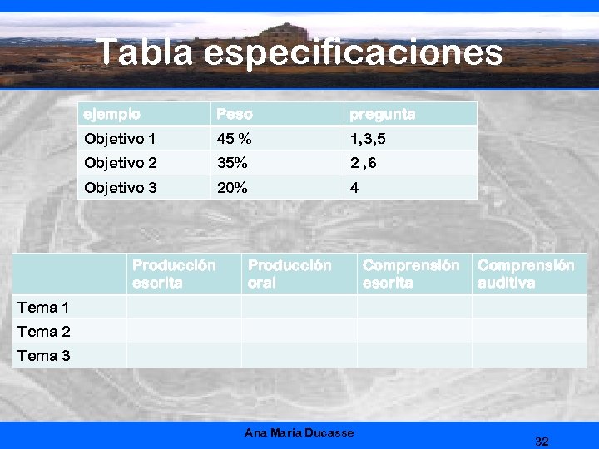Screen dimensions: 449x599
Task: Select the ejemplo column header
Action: pyautogui.click(x=111, y=114)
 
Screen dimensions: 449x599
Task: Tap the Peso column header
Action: pyautogui.click(x=234, y=114)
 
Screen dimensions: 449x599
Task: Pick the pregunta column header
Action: pyautogui.click(x=382, y=114)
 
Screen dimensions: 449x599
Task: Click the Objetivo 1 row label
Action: pyautogui.click(x=120, y=139)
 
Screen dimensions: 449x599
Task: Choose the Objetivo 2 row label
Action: pyautogui.click(x=120, y=163)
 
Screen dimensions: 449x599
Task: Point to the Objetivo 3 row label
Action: pyautogui.click(x=120, y=188)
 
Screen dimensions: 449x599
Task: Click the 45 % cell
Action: pyautogui.click(x=234, y=139)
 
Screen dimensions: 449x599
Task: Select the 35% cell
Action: pyautogui.click(x=232, y=163)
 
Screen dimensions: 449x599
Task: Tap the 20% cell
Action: pyautogui.click(x=232, y=188)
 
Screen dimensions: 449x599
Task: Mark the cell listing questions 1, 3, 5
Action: pyautogui.click(x=368, y=139)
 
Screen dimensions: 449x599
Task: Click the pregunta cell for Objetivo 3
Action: pyautogui.click(x=355, y=188)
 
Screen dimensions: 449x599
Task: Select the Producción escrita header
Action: pyautogui.click(x=174, y=274)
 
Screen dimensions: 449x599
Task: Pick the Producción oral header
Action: pyautogui.click(x=289, y=274)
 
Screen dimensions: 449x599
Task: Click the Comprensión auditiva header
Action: pyautogui.click(x=525, y=274)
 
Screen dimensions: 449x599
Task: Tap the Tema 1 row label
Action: pyautogui.click(x=43, y=308)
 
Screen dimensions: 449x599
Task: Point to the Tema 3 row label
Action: pyautogui.click(x=43, y=356)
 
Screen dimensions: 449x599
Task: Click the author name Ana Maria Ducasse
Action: pyautogui.click(x=299, y=432)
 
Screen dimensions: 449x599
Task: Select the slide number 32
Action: pyautogui.click(x=542, y=441)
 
